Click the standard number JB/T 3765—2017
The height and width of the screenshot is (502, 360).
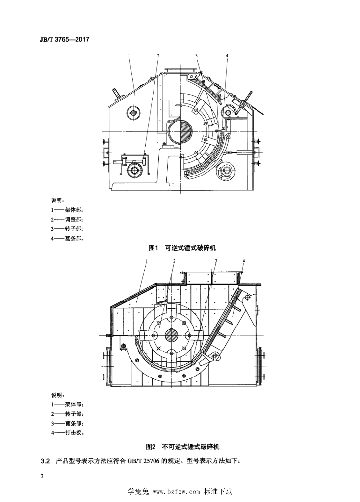64,40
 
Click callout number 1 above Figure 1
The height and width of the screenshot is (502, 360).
129,56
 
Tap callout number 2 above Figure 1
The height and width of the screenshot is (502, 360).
158,56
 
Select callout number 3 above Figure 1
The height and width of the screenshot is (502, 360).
196,56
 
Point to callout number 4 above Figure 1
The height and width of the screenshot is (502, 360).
227,56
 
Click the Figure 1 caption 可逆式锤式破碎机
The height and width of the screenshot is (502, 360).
190,248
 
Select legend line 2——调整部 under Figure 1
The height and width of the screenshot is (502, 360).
67,220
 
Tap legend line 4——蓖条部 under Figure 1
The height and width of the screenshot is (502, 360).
67,239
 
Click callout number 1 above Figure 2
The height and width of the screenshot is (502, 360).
146,261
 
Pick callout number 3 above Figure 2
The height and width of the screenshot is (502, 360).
216,261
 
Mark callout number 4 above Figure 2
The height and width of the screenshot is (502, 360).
243,261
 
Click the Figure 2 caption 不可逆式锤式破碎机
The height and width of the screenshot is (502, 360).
191,446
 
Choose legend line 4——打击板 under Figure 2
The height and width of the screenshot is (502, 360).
67,433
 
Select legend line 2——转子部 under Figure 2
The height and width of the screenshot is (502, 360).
67,414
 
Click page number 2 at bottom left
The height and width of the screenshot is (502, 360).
42,476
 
